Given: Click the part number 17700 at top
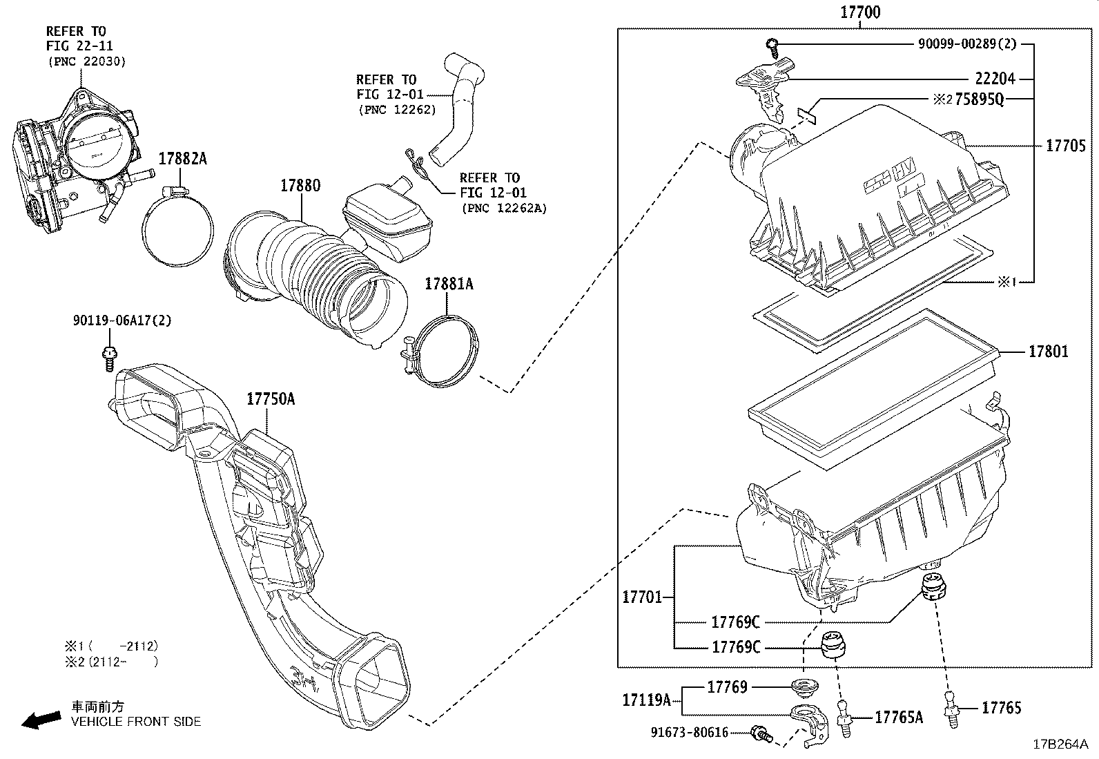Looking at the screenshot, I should click(x=860, y=12).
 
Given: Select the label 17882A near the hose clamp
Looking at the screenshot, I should click(x=182, y=159).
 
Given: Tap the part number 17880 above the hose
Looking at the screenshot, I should click(x=300, y=186).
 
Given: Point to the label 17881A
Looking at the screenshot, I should click(x=449, y=283).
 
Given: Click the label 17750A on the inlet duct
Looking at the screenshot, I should click(x=271, y=398).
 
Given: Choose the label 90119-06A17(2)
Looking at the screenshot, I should click(x=122, y=320).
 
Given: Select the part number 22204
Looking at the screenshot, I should click(x=995, y=79).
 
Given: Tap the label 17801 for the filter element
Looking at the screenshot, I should click(x=1048, y=352).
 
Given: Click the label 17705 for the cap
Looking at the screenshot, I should click(x=1065, y=146).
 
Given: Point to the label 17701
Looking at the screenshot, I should click(x=642, y=597).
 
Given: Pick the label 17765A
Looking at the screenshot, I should click(x=899, y=718).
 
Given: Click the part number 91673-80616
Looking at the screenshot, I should click(x=689, y=732).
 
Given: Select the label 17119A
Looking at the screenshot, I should click(x=646, y=700).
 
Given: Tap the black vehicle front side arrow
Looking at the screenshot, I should click(x=41, y=720).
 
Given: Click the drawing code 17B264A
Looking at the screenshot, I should click(x=1060, y=744).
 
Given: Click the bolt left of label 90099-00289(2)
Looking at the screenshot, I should click(x=772, y=47).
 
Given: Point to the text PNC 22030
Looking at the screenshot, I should click(x=87, y=61).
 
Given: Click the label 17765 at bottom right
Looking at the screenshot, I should click(x=1001, y=708).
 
